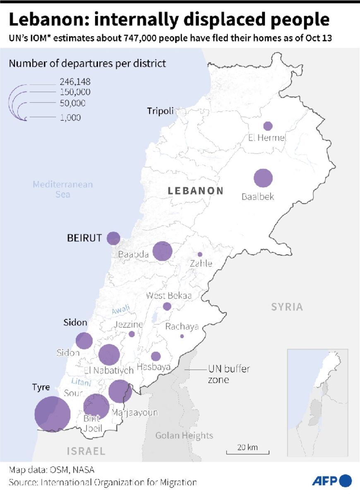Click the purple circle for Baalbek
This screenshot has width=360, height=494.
pyautogui.click(x=263, y=178)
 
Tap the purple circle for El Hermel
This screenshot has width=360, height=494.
pyautogui.click(x=268, y=126)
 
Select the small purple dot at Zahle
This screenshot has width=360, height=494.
pyautogui.click(x=200, y=254)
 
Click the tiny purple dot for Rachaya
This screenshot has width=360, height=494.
pyautogui.click(x=182, y=336)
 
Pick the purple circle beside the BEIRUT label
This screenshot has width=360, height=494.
pyautogui.click(x=113, y=238)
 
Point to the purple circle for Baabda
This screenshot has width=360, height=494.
pyautogui.click(x=162, y=251)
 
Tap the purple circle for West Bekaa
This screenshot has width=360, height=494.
pyautogui.click(x=167, y=307)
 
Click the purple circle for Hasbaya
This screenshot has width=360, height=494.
pyautogui.click(x=156, y=356)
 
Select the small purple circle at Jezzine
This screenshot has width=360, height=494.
pyautogui.click(x=132, y=334)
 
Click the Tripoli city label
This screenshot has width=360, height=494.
pyautogui.click(x=160, y=111)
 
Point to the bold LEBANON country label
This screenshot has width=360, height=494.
pyautogui.click(x=195, y=191)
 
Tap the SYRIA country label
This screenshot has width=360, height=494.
pyautogui.click(x=287, y=307)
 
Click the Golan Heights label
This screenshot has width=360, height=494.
pyautogui.click(x=184, y=435)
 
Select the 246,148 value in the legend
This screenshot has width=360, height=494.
pyautogui.click(x=75, y=82)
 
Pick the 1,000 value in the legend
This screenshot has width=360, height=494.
pyautogui.click(x=70, y=118)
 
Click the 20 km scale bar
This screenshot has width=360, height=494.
pyautogui.click(x=247, y=451)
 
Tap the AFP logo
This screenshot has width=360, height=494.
pyautogui.click(x=331, y=481)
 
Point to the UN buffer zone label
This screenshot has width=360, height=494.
pyautogui.click(x=228, y=374)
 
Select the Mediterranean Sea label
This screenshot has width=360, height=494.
pyautogui.click(x=63, y=189)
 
